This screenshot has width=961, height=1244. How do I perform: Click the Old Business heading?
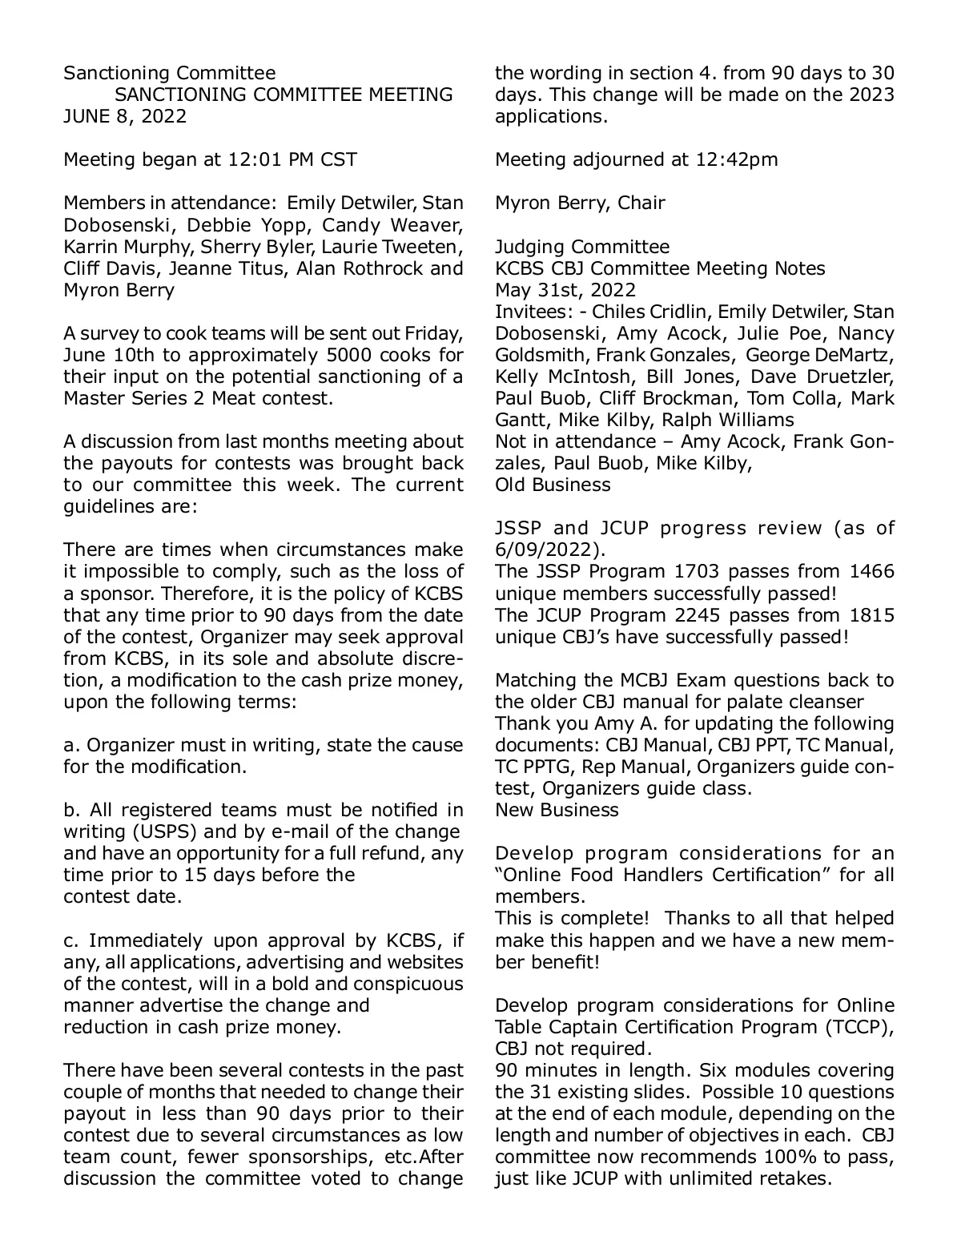(553, 485)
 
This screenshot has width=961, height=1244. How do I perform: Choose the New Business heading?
(557, 810)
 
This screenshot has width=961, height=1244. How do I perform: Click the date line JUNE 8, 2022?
(125, 116)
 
